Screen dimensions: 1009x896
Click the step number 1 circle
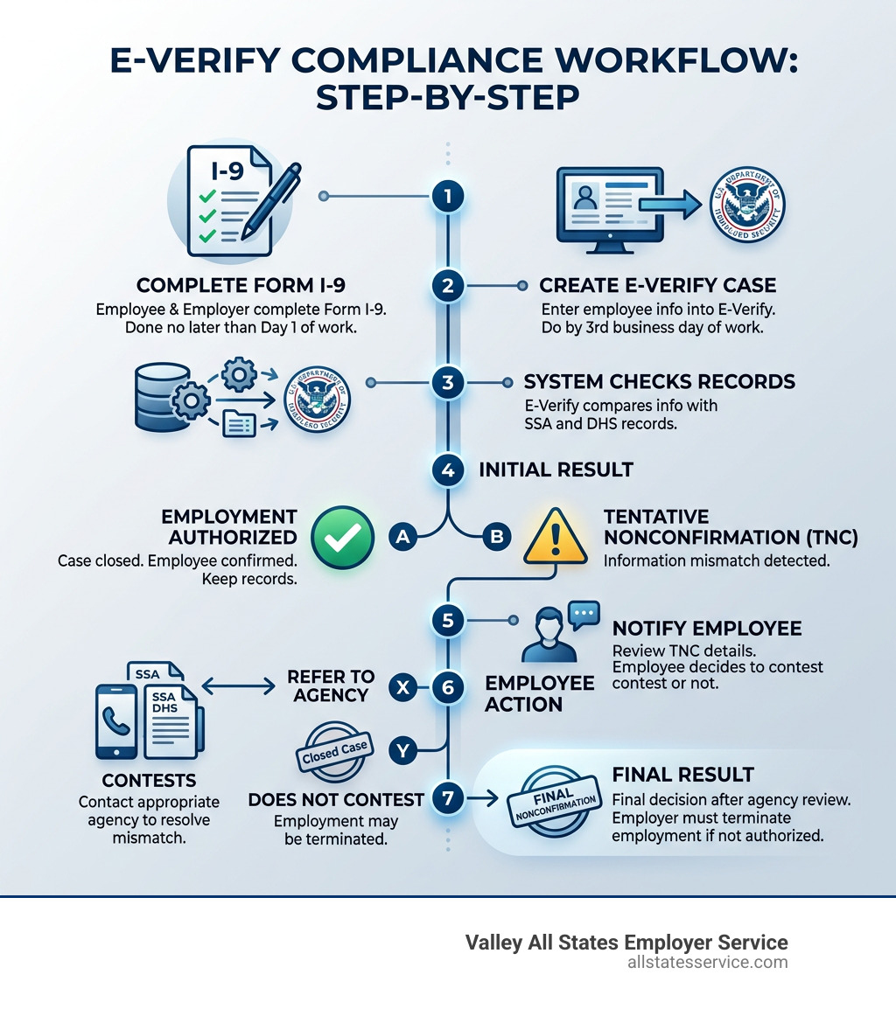(448, 197)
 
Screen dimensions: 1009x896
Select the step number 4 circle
(448, 470)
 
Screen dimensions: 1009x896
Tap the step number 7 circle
(448, 798)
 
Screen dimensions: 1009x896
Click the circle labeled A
(402, 537)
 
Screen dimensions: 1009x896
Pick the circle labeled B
(496, 537)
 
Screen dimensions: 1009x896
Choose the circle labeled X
(402, 686)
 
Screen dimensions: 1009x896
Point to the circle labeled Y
(402, 749)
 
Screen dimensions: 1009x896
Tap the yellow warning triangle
(553, 536)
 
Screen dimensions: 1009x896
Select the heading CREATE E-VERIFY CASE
(657, 286)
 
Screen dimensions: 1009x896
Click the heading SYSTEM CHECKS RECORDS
(659, 382)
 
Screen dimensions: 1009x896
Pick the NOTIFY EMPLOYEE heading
(707, 629)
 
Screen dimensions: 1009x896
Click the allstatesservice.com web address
(707, 963)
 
